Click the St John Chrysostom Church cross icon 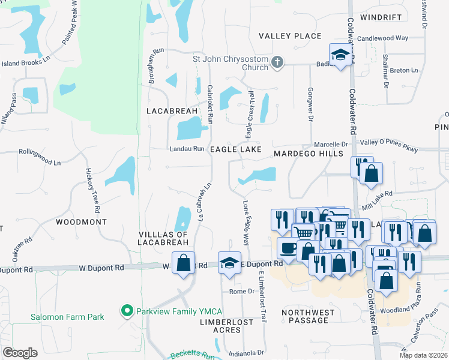276,62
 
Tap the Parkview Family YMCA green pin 127,311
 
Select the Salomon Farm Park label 67,317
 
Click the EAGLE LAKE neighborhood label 236,149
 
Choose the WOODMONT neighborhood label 81,222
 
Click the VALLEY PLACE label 290,37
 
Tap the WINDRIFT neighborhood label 381,17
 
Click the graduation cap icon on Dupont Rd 229,262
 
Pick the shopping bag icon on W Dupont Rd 183,262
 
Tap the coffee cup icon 288,248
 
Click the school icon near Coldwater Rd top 340,55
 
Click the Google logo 19,353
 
